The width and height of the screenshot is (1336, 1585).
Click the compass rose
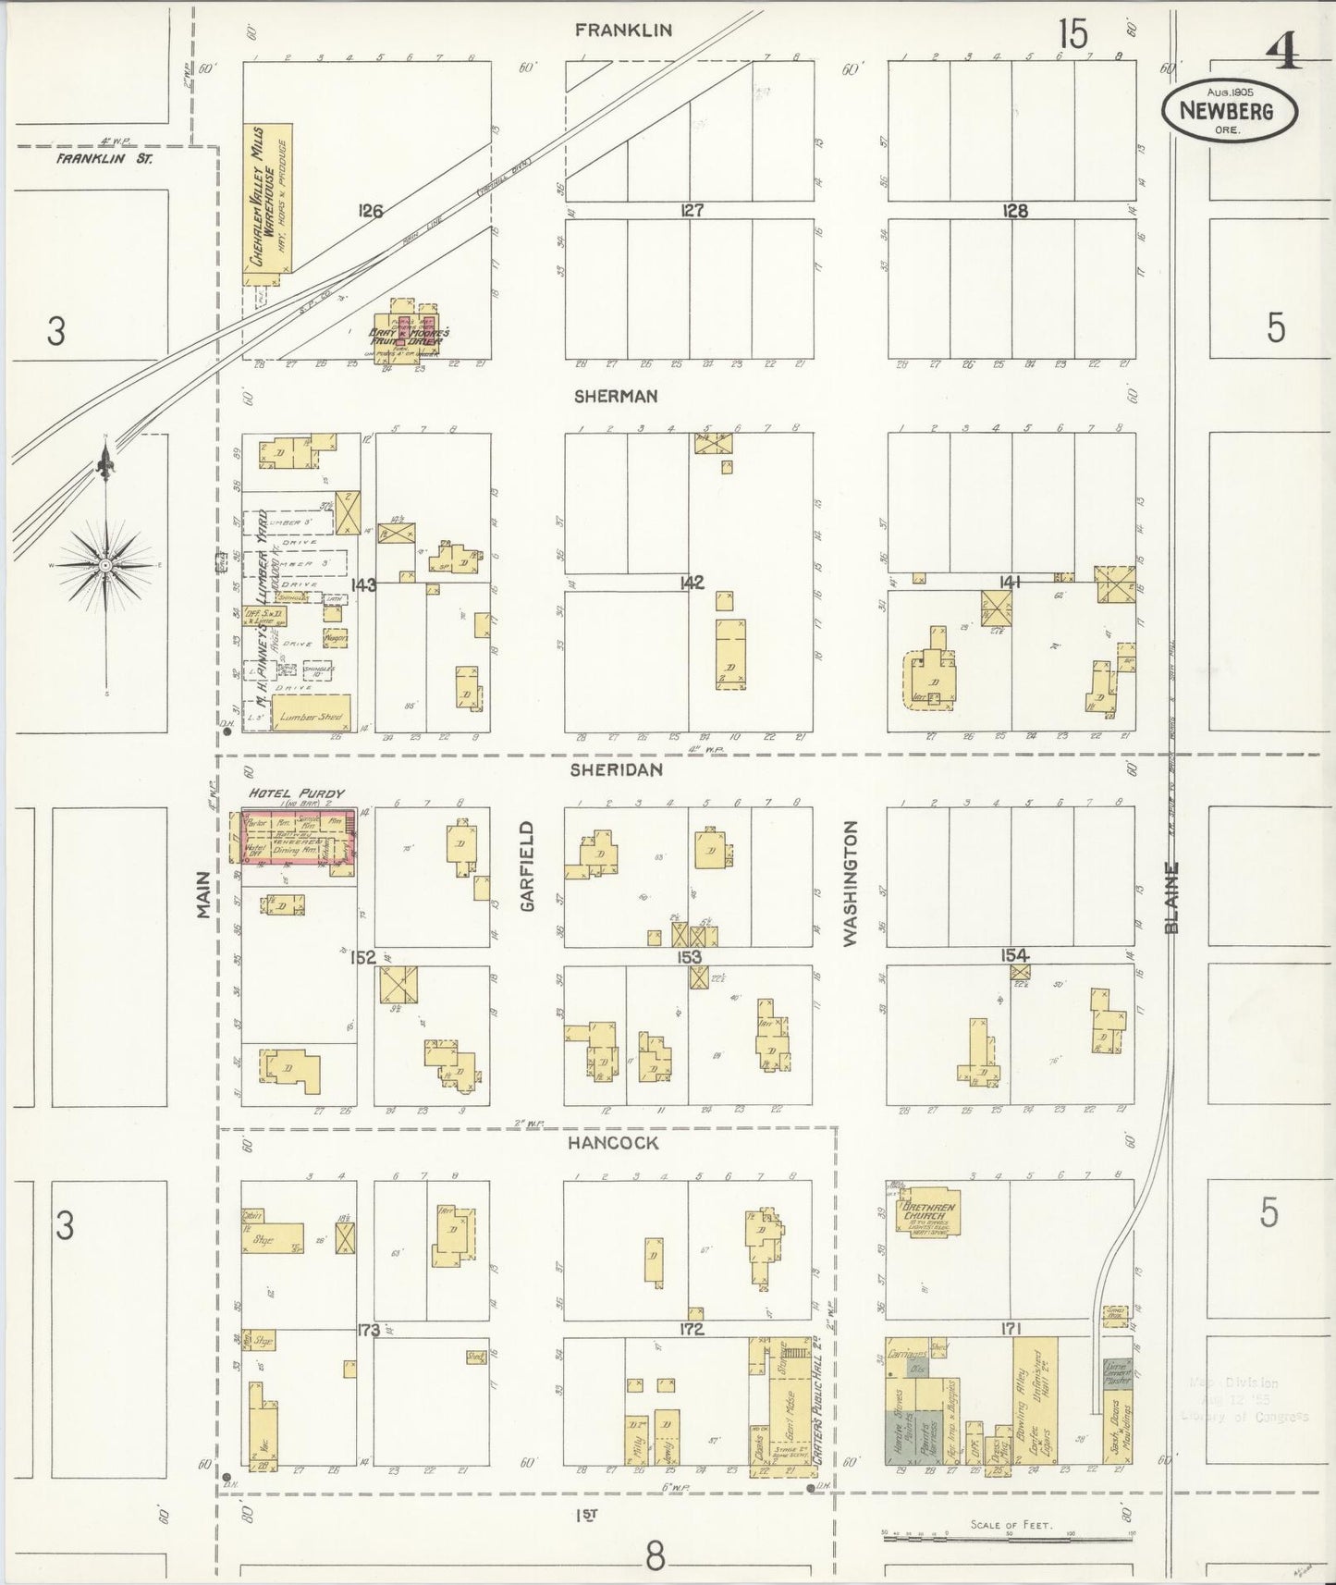[106, 564]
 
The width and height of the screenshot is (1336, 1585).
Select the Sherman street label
[615, 396]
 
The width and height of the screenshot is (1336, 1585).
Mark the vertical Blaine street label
[1172, 897]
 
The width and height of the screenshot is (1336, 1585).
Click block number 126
[370, 212]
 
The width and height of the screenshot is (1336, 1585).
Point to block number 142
[691, 583]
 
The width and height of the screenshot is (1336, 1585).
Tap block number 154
[1013, 955]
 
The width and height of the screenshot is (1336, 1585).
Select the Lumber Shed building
[311, 715]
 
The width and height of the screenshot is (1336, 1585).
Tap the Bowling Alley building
[1023, 1410]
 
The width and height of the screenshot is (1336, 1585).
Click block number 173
[368, 1331]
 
